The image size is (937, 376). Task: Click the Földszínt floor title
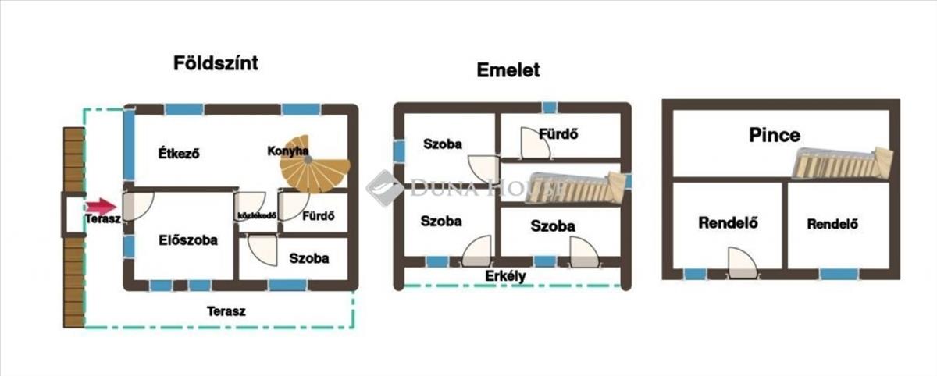[x=216, y=63]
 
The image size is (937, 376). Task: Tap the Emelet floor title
[x=508, y=70]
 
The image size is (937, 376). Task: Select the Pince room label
[x=775, y=135]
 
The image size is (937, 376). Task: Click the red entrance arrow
[x=101, y=207]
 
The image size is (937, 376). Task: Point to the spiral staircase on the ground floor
[x=317, y=173]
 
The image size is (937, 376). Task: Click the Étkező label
[x=179, y=153]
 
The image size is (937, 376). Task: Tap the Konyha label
[x=287, y=151]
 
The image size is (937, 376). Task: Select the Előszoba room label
[x=187, y=240]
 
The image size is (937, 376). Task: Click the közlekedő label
[x=256, y=216]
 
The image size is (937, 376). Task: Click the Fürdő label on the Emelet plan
[x=558, y=133]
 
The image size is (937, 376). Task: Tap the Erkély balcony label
[x=505, y=276]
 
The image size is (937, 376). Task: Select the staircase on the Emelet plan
[x=577, y=187]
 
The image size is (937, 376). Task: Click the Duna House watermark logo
[x=386, y=188]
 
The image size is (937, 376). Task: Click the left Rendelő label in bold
[x=728, y=223]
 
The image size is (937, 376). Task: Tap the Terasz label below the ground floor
[x=226, y=310]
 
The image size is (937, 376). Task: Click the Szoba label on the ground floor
[x=308, y=258]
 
